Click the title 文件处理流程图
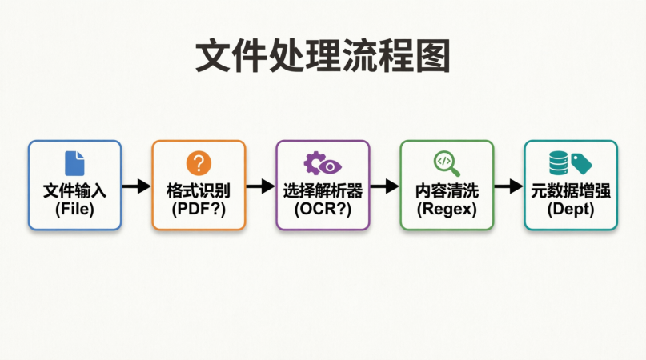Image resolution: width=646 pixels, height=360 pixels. (323, 58)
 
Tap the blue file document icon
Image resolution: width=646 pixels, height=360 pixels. (74, 163)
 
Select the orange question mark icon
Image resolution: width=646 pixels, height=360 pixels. (199, 163)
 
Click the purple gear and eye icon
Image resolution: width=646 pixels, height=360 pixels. (323, 163)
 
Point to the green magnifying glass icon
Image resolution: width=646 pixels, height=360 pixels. (447, 163)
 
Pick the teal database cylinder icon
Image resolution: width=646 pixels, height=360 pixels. (559, 163)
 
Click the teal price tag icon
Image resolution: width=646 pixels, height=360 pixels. (582, 165)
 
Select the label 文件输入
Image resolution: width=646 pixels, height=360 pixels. (74, 192)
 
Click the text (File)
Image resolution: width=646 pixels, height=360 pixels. (74, 210)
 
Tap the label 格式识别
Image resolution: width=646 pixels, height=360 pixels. (199, 192)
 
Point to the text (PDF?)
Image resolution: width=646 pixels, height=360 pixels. (199, 210)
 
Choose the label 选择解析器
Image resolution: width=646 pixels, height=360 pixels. (323, 192)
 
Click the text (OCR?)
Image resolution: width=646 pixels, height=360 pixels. (323, 210)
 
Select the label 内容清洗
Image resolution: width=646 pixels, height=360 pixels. (447, 192)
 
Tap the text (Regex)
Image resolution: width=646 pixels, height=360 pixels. (447, 210)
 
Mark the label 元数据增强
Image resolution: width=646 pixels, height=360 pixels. (571, 192)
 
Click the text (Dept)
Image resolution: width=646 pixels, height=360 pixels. (571, 210)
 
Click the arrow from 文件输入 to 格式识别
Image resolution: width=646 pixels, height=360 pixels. (136, 186)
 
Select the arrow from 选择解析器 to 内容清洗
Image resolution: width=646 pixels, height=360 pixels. (384, 186)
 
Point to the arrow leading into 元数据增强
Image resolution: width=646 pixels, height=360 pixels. (508, 186)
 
